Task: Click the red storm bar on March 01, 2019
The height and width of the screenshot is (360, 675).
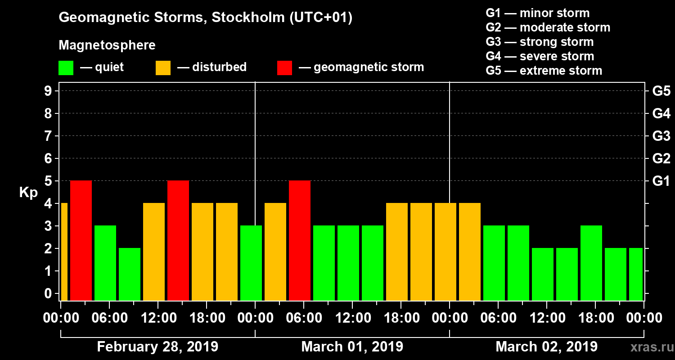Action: [300, 240]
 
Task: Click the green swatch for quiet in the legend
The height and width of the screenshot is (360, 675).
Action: [66, 68]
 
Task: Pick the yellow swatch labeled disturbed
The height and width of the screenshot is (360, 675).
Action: [163, 68]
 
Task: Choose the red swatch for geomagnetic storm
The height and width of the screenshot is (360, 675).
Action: [284, 68]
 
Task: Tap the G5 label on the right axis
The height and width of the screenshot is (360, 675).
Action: [661, 91]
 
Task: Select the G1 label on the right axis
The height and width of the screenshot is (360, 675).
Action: [661, 181]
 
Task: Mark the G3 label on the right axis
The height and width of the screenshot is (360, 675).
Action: [661, 136]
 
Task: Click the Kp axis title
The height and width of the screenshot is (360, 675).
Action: [28, 193]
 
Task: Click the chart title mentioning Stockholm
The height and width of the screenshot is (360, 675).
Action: [206, 18]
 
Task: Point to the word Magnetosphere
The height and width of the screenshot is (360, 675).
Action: [107, 45]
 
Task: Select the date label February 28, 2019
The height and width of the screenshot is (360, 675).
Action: [157, 347]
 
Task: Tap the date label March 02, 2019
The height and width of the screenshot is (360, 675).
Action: [546, 347]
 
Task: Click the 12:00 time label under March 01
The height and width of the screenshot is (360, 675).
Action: [352, 318]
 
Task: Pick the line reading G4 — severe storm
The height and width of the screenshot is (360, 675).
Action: [540, 56]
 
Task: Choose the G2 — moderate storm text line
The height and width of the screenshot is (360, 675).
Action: [548, 27]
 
